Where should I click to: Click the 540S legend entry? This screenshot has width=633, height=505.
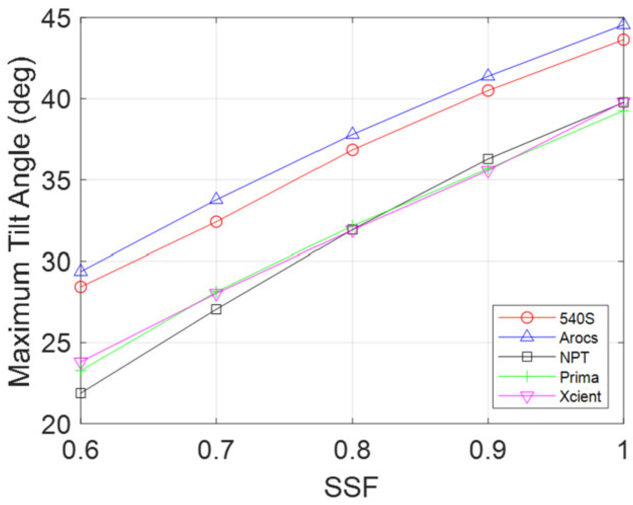(x=576, y=318)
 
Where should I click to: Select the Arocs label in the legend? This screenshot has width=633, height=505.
(x=579, y=338)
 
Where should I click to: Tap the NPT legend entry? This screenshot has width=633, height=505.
(x=574, y=357)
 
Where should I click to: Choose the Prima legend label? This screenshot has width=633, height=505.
(x=579, y=377)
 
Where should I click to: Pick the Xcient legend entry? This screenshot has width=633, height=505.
(x=580, y=397)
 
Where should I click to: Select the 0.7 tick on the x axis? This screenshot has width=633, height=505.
(x=216, y=450)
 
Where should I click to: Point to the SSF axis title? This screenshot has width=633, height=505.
(x=351, y=487)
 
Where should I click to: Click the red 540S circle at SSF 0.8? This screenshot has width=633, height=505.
(x=352, y=150)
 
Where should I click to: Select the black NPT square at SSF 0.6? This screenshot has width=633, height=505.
(x=81, y=393)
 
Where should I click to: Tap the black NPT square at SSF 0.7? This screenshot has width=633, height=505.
(x=216, y=309)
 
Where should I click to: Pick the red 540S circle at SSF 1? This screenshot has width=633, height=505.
(x=623, y=40)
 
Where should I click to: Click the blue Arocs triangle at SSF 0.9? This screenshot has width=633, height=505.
(x=488, y=75)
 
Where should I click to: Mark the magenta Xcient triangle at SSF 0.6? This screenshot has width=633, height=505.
(x=81, y=363)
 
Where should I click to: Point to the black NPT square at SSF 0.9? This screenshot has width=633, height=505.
(x=488, y=159)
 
